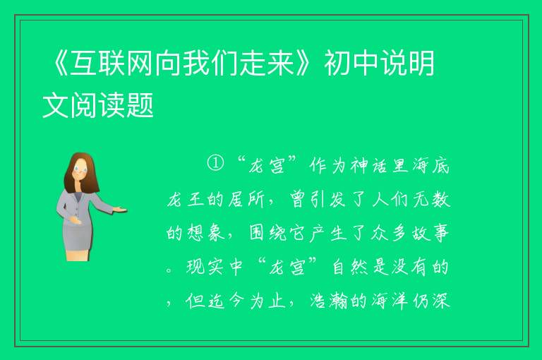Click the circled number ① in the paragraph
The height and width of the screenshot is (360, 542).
215,164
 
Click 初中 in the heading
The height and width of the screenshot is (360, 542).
351,63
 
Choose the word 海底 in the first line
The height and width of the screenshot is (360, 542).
430,166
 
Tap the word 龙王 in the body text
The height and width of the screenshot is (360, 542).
186,200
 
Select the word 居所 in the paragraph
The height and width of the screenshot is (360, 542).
246,200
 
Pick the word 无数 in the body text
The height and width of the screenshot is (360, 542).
431,200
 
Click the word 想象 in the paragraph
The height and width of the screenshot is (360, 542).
206,233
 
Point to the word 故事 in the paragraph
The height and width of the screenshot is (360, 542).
430,233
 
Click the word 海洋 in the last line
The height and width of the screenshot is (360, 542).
390,300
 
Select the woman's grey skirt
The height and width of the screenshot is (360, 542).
78,235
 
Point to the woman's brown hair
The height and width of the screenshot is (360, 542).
81,172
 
